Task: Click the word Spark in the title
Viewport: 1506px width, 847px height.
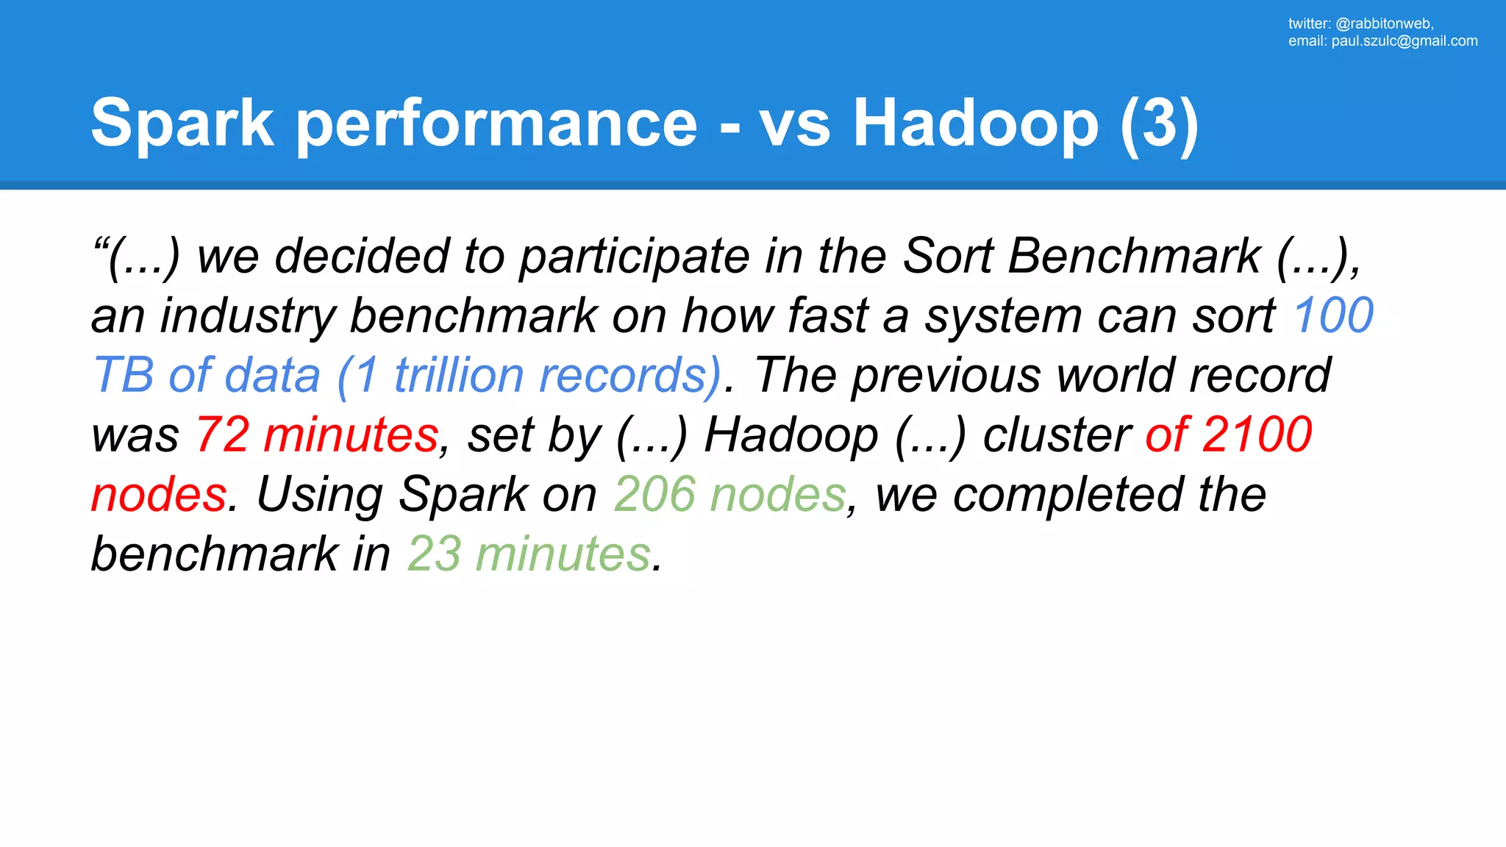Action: (x=182, y=124)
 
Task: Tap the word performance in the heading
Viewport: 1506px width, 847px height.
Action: (x=497, y=124)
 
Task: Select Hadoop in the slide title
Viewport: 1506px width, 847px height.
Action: (x=975, y=124)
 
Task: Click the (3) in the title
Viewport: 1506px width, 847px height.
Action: (x=1160, y=124)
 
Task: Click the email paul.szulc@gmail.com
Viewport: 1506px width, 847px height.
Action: (x=1404, y=41)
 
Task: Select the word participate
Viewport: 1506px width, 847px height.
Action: (x=634, y=257)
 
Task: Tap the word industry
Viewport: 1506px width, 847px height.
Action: (x=248, y=316)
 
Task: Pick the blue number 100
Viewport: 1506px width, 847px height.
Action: (x=1332, y=316)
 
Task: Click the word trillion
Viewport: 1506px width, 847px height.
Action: (x=459, y=376)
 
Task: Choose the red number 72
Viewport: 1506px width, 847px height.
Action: (x=222, y=435)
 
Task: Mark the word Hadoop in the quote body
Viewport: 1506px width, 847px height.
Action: (x=791, y=435)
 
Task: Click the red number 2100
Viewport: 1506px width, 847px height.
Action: (x=1257, y=435)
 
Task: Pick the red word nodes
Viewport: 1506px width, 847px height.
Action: (x=158, y=494)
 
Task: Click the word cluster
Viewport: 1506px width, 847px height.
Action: (x=1056, y=435)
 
